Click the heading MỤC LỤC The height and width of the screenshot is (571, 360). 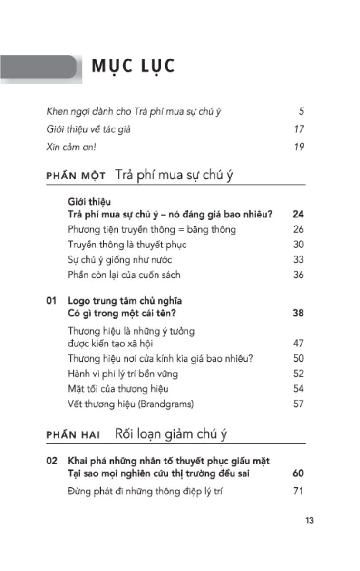coord(133,67)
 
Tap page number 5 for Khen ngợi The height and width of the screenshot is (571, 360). coord(301,112)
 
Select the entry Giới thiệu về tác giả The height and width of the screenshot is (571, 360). coord(89,129)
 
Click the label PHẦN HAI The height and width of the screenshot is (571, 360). coord(70,435)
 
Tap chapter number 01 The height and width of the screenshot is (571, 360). coord(52,301)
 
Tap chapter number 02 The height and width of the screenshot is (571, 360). coord(52,461)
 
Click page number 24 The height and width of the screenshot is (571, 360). coord(298,214)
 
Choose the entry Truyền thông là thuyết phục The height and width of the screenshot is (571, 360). coord(127,245)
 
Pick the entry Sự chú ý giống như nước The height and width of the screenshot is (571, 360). coord(120,260)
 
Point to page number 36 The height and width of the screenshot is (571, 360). coord(298,275)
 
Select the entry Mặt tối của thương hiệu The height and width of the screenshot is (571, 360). coord(118,389)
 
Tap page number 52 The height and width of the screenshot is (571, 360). coord(298,374)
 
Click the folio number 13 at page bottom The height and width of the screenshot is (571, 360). coord(309,521)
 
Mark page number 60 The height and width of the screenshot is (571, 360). coord(298,473)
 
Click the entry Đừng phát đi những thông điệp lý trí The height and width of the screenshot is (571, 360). coord(145,491)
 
